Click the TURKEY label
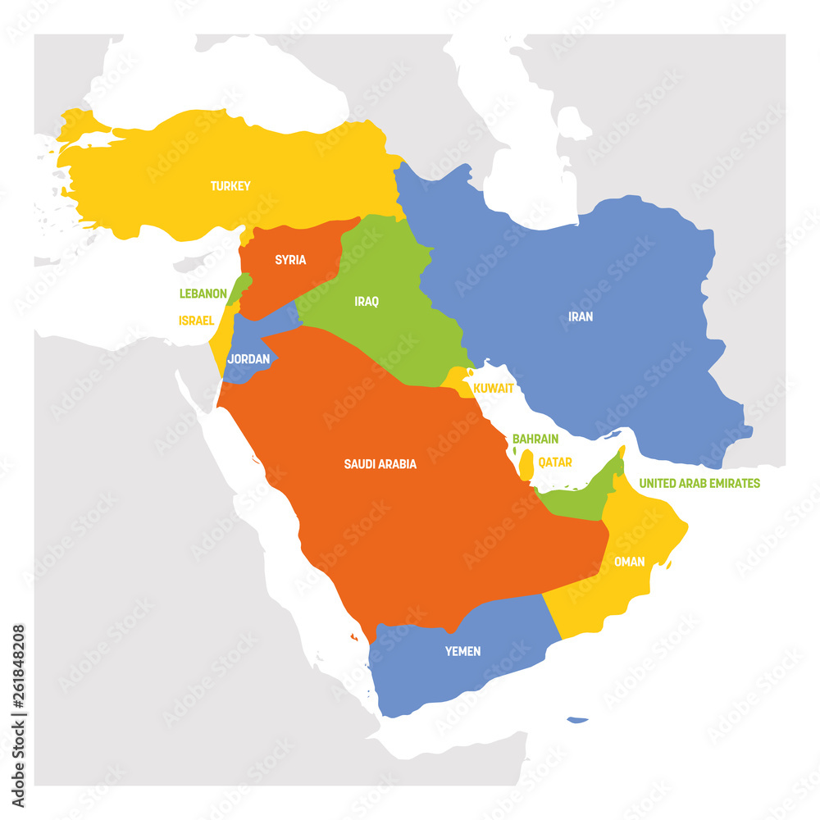point(230,186)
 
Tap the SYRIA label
point(290,260)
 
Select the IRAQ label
point(367,302)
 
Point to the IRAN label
point(580,316)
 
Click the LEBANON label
point(203,293)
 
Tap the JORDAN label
point(248,358)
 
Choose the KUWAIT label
point(494,387)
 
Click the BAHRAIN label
point(535,440)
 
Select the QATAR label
point(555,462)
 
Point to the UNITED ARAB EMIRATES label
point(699,483)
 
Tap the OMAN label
point(629,562)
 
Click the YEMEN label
point(462,651)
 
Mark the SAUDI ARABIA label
point(380,464)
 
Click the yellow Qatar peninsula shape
point(526,465)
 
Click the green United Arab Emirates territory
point(582,500)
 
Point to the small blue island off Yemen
point(577,720)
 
